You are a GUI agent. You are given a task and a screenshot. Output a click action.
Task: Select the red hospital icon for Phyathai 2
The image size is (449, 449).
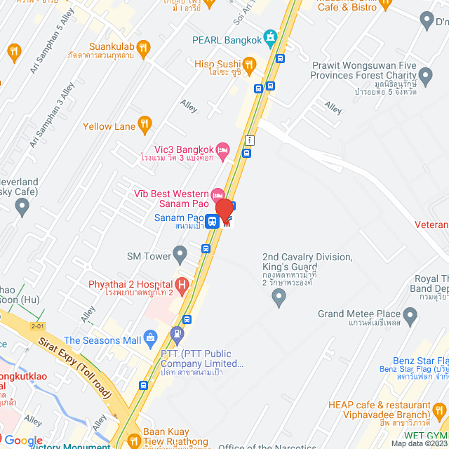tap(182, 285)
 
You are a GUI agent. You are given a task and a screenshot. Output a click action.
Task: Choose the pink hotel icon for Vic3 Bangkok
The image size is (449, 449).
tap(222, 148)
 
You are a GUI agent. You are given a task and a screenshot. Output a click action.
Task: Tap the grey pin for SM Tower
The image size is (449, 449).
tap(180, 253)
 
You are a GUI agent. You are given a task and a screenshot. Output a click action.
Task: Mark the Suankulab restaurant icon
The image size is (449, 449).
tap(144, 48)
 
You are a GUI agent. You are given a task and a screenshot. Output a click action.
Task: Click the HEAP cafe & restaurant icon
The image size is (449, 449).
tap(440, 410)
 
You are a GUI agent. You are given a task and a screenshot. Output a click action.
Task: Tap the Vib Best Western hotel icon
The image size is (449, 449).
tap(217, 194)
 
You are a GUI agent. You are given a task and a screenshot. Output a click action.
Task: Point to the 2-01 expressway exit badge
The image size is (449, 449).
tap(37, 326)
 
